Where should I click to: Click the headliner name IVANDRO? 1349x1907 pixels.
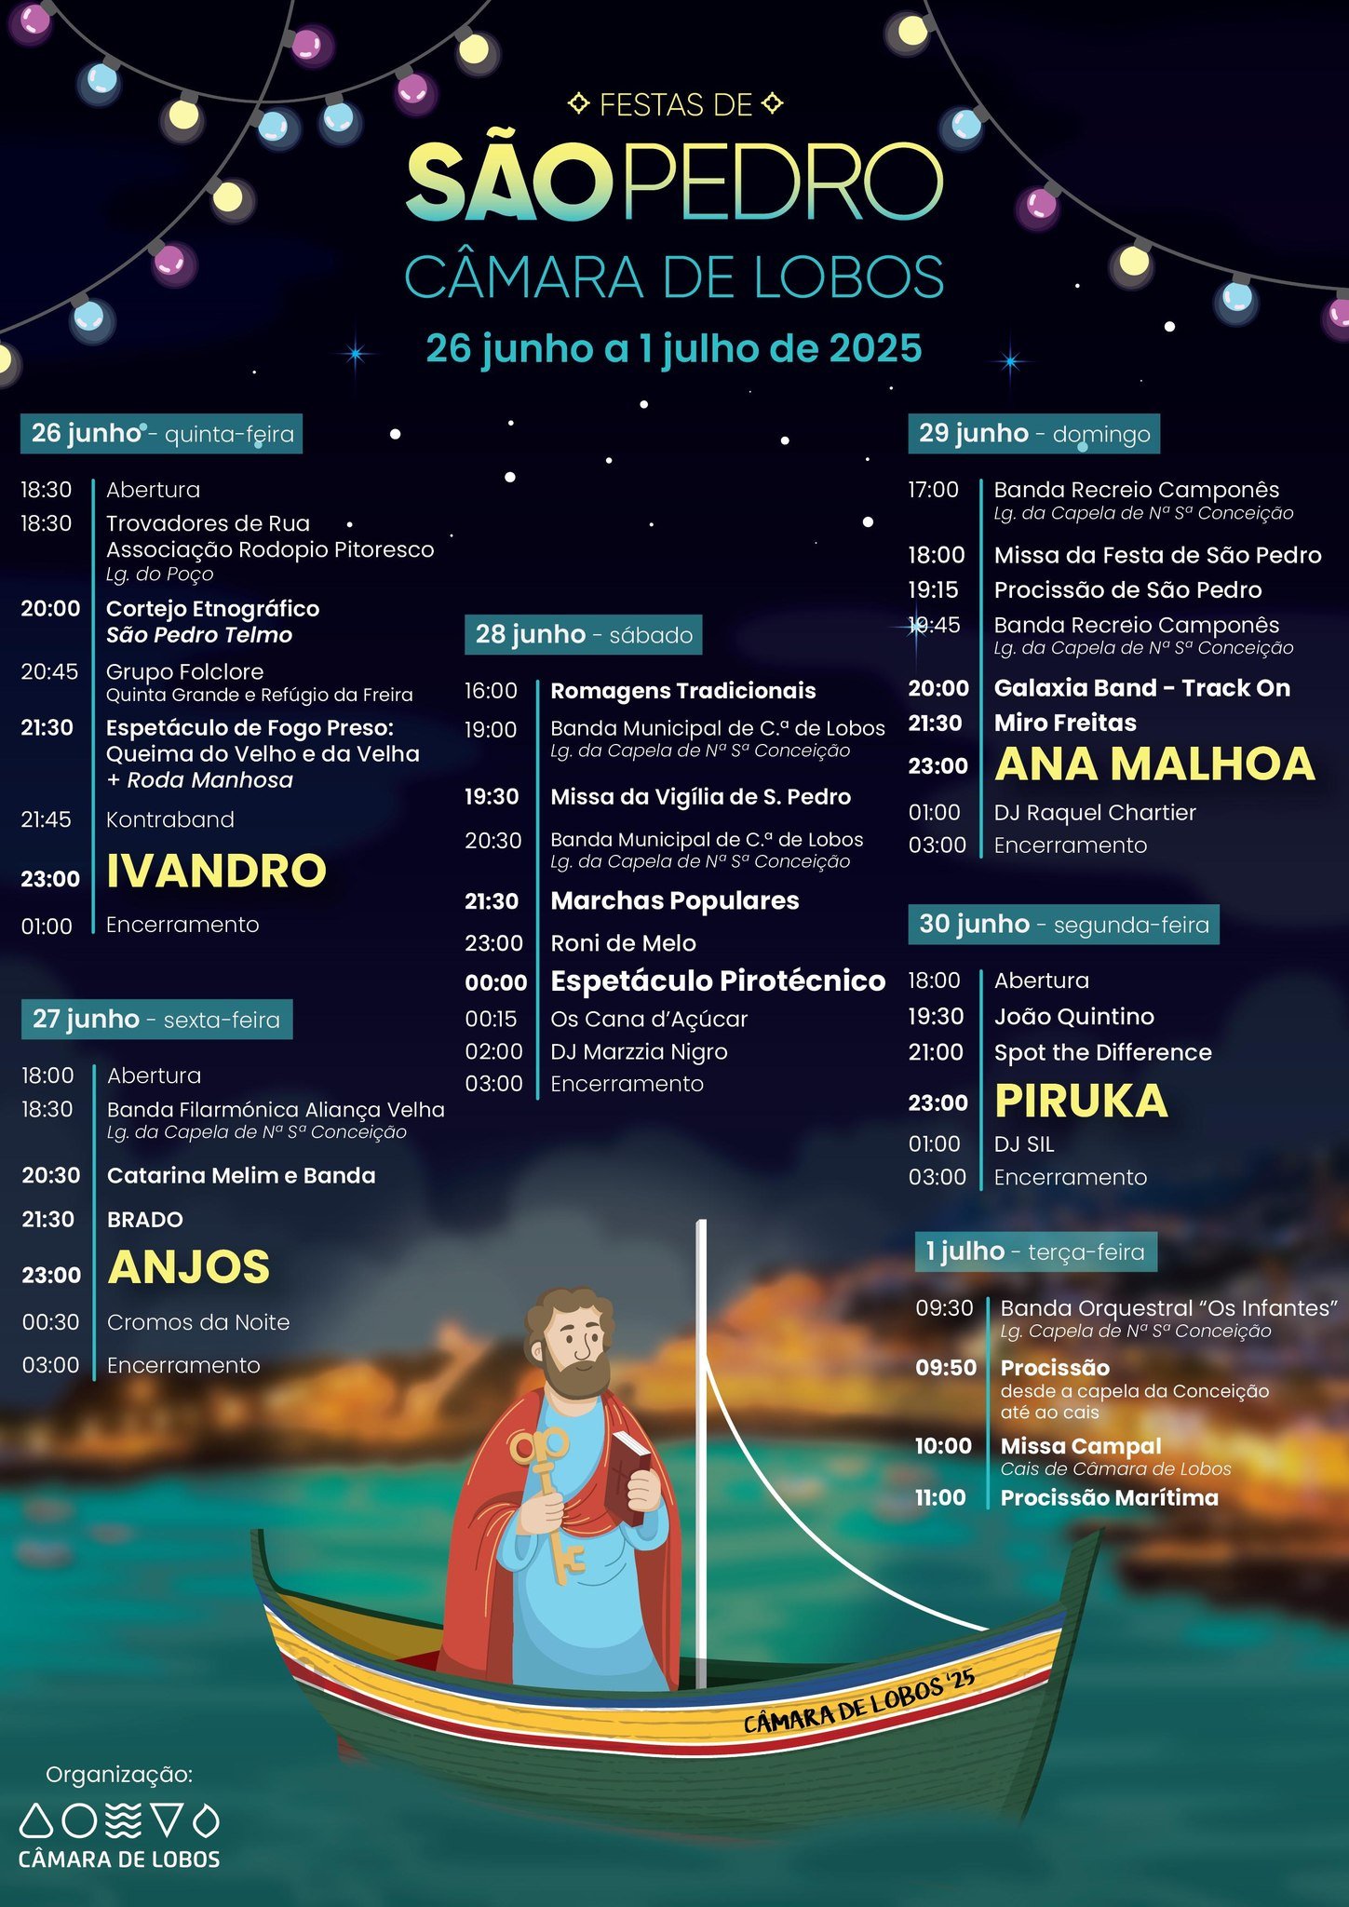pyautogui.click(x=216, y=872)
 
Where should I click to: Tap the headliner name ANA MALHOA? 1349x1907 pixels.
pyautogui.click(x=1154, y=764)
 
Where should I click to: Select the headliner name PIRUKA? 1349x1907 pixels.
pyautogui.click(x=1081, y=1102)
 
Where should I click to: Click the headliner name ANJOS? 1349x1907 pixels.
pyautogui.click(x=189, y=1268)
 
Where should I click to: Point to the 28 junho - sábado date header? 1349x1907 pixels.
pyautogui.click(x=584, y=635)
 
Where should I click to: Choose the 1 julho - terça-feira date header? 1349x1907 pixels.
pyautogui.click(x=1035, y=1251)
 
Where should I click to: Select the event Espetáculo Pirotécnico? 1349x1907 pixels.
pyautogui.click(x=718, y=981)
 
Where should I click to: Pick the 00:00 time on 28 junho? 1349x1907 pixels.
pyautogui.click(x=496, y=982)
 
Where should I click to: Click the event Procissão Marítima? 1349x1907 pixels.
pyautogui.click(x=1109, y=1498)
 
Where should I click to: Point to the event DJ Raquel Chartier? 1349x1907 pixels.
pyautogui.click(x=1095, y=813)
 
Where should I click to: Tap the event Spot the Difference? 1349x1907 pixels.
pyautogui.click(x=1103, y=1053)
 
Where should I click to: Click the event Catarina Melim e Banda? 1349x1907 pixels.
pyautogui.click(x=241, y=1176)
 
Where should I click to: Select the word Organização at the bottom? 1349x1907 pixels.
pyautogui.click(x=119, y=1775)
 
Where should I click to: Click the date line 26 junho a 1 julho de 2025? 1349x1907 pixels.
pyautogui.click(x=674, y=349)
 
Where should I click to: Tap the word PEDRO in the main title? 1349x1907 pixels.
pyautogui.click(x=782, y=182)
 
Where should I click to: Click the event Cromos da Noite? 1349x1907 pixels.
pyautogui.click(x=198, y=1322)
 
